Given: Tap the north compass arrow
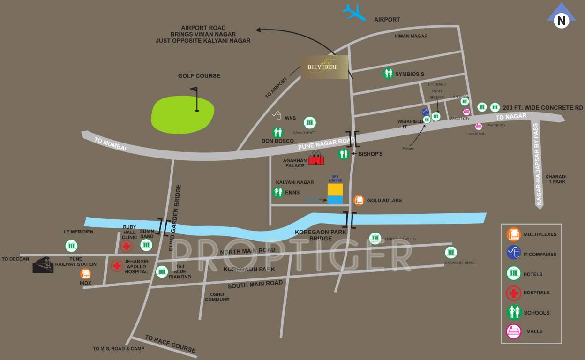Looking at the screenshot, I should click(561, 19).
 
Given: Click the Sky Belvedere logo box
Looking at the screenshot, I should click(325, 67).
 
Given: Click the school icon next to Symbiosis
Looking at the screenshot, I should click(388, 74).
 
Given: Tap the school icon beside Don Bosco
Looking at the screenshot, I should click(278, 133).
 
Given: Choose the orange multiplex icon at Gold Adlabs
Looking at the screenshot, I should click(359, 200).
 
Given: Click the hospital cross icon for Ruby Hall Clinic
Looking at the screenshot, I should click(127, 247).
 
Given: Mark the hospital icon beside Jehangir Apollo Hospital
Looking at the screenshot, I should click(117, 266).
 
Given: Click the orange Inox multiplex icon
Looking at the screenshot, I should click(85, 274).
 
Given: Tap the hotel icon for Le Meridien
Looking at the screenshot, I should click(71, 245).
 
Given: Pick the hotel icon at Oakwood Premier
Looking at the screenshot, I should click(451, 252).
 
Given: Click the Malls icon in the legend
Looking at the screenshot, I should click(514, 331).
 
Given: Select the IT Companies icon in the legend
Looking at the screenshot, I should click(514, 253).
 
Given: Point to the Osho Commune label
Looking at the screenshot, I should click(217, 297).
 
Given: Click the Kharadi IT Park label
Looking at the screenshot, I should click(556, 179).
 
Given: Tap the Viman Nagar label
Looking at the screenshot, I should click(411, 36).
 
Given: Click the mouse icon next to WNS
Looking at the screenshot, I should click(277, 115).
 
